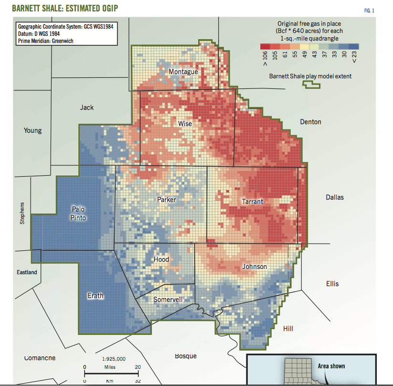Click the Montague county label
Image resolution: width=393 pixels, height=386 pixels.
point(183,72)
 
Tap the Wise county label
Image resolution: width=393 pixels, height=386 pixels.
point(185,124)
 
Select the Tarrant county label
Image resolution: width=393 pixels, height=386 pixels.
point(252,202)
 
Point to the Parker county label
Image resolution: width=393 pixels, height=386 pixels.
point(166,199)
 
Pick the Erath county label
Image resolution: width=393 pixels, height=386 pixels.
point(95,296)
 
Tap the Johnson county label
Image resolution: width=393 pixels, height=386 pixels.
point(255,266)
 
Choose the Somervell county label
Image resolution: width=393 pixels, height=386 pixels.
point(168,300)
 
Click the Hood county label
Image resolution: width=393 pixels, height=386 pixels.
point(161,259)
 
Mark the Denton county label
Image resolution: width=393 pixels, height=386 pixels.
point(310,122)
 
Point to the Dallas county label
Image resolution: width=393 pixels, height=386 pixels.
point(334,197)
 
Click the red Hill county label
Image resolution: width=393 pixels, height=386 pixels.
point(288,329)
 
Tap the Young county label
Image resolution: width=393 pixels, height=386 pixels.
point(32,130)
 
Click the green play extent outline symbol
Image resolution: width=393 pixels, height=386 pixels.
point(312,85)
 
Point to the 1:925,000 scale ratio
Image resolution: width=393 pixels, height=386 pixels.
point(114,358)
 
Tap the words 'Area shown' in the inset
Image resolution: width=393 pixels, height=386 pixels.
point(331,366)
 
